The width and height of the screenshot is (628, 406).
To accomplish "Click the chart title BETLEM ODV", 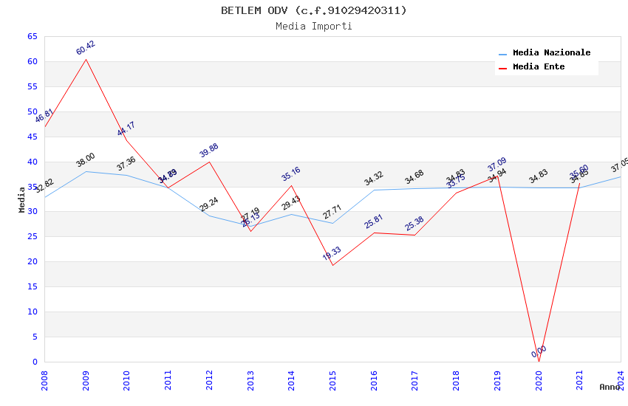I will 313,10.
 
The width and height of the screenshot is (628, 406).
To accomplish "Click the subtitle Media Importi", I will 313,26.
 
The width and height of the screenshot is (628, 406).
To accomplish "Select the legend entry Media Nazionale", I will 551,53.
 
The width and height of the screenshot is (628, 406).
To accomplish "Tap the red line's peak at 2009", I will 86,59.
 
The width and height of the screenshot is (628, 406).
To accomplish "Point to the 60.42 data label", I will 86,48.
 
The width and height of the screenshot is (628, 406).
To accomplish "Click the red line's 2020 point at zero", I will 539,362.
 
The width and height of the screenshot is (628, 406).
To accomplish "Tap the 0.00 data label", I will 539,351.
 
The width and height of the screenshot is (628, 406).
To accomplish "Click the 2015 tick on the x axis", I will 333,380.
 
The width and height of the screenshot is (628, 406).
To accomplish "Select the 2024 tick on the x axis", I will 621,380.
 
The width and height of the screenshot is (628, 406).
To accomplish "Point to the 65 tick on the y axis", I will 31,37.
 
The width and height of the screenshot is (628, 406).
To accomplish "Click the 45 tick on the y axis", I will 31,137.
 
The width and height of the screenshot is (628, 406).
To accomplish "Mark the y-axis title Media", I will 22,199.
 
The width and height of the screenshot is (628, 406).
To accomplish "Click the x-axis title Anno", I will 610,387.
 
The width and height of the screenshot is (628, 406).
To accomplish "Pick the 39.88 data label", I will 209,151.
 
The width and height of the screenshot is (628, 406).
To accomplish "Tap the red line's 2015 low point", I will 332,265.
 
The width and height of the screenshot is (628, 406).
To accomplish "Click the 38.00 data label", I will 86,160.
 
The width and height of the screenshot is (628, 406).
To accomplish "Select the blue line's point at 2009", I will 86,171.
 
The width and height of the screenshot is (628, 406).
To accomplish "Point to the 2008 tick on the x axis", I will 44,380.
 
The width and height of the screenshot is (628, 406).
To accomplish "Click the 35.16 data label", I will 291,174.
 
